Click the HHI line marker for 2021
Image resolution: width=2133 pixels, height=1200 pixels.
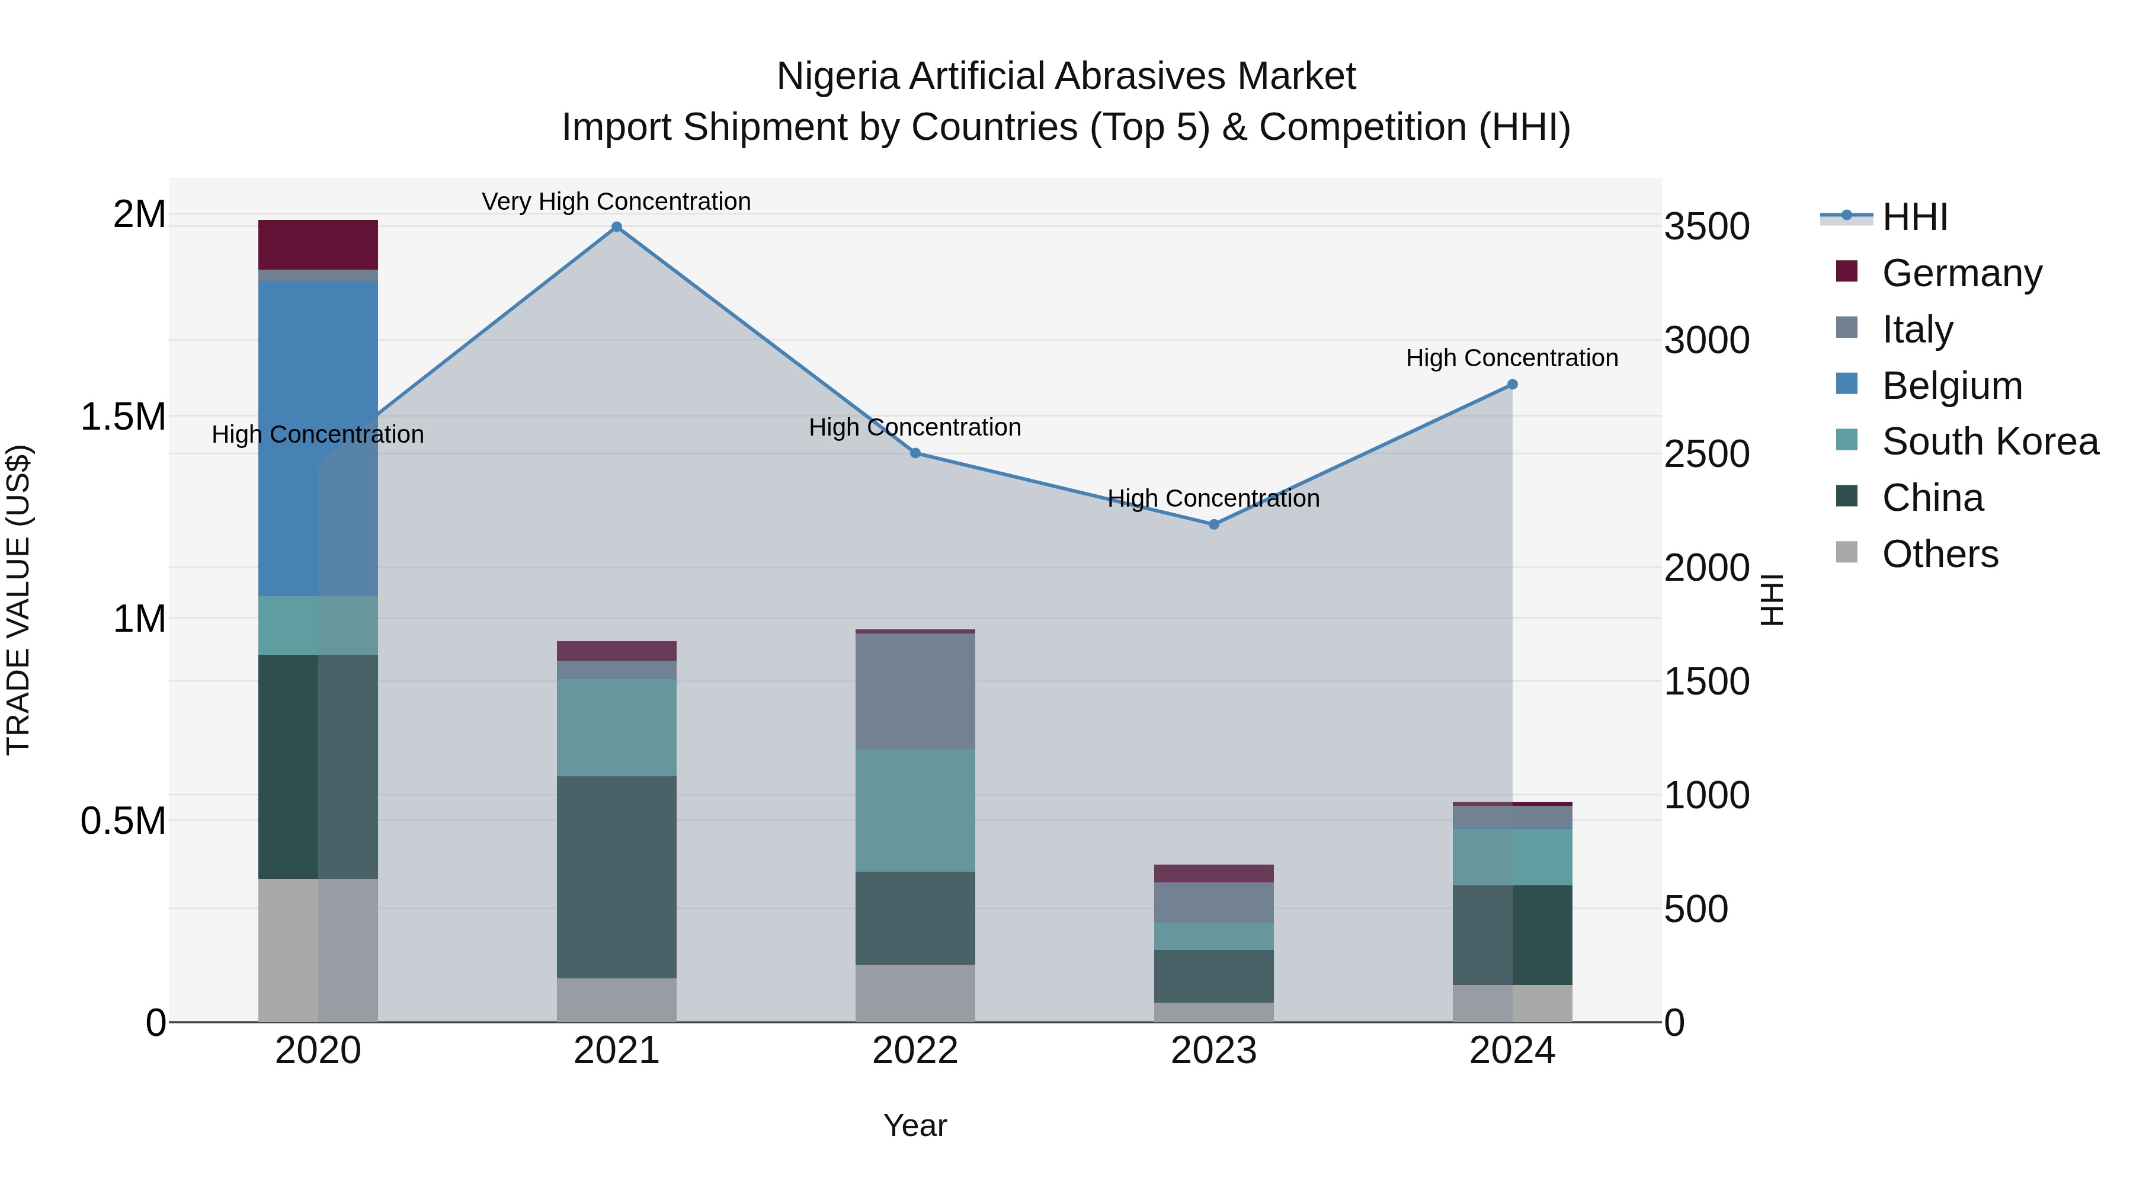[x=616, y=227]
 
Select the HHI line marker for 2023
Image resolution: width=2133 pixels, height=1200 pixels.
[x=1214, y=524]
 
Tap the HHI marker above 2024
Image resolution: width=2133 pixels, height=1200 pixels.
[x=1512, y=384]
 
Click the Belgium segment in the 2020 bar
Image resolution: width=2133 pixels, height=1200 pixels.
[x=318, y=439]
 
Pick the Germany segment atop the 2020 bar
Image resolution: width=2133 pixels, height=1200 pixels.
[x=318, y=244]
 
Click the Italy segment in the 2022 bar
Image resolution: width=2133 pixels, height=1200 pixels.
[x=915, y=691]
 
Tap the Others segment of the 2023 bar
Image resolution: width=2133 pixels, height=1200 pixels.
[x=1214, y=1012]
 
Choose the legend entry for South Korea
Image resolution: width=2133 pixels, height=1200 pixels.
[x=1989, y=441]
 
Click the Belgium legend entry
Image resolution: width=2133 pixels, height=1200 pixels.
[x=1951, y=386]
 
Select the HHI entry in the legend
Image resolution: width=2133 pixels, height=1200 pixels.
[x=1914, y=217]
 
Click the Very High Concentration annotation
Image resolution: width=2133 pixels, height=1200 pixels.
[x=616, y=201]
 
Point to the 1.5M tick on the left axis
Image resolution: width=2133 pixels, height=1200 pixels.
[x=123, y=417]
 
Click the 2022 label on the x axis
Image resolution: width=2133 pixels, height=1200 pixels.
[x=915, y=1051]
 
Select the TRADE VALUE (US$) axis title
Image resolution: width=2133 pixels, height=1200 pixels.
[x=18, y=600]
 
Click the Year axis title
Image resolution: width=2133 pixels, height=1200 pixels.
[x=915, y=1125]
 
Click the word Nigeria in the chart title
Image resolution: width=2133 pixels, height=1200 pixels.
[x=837, y=76]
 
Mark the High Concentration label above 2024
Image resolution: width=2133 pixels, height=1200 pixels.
[x=1512, y=358]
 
